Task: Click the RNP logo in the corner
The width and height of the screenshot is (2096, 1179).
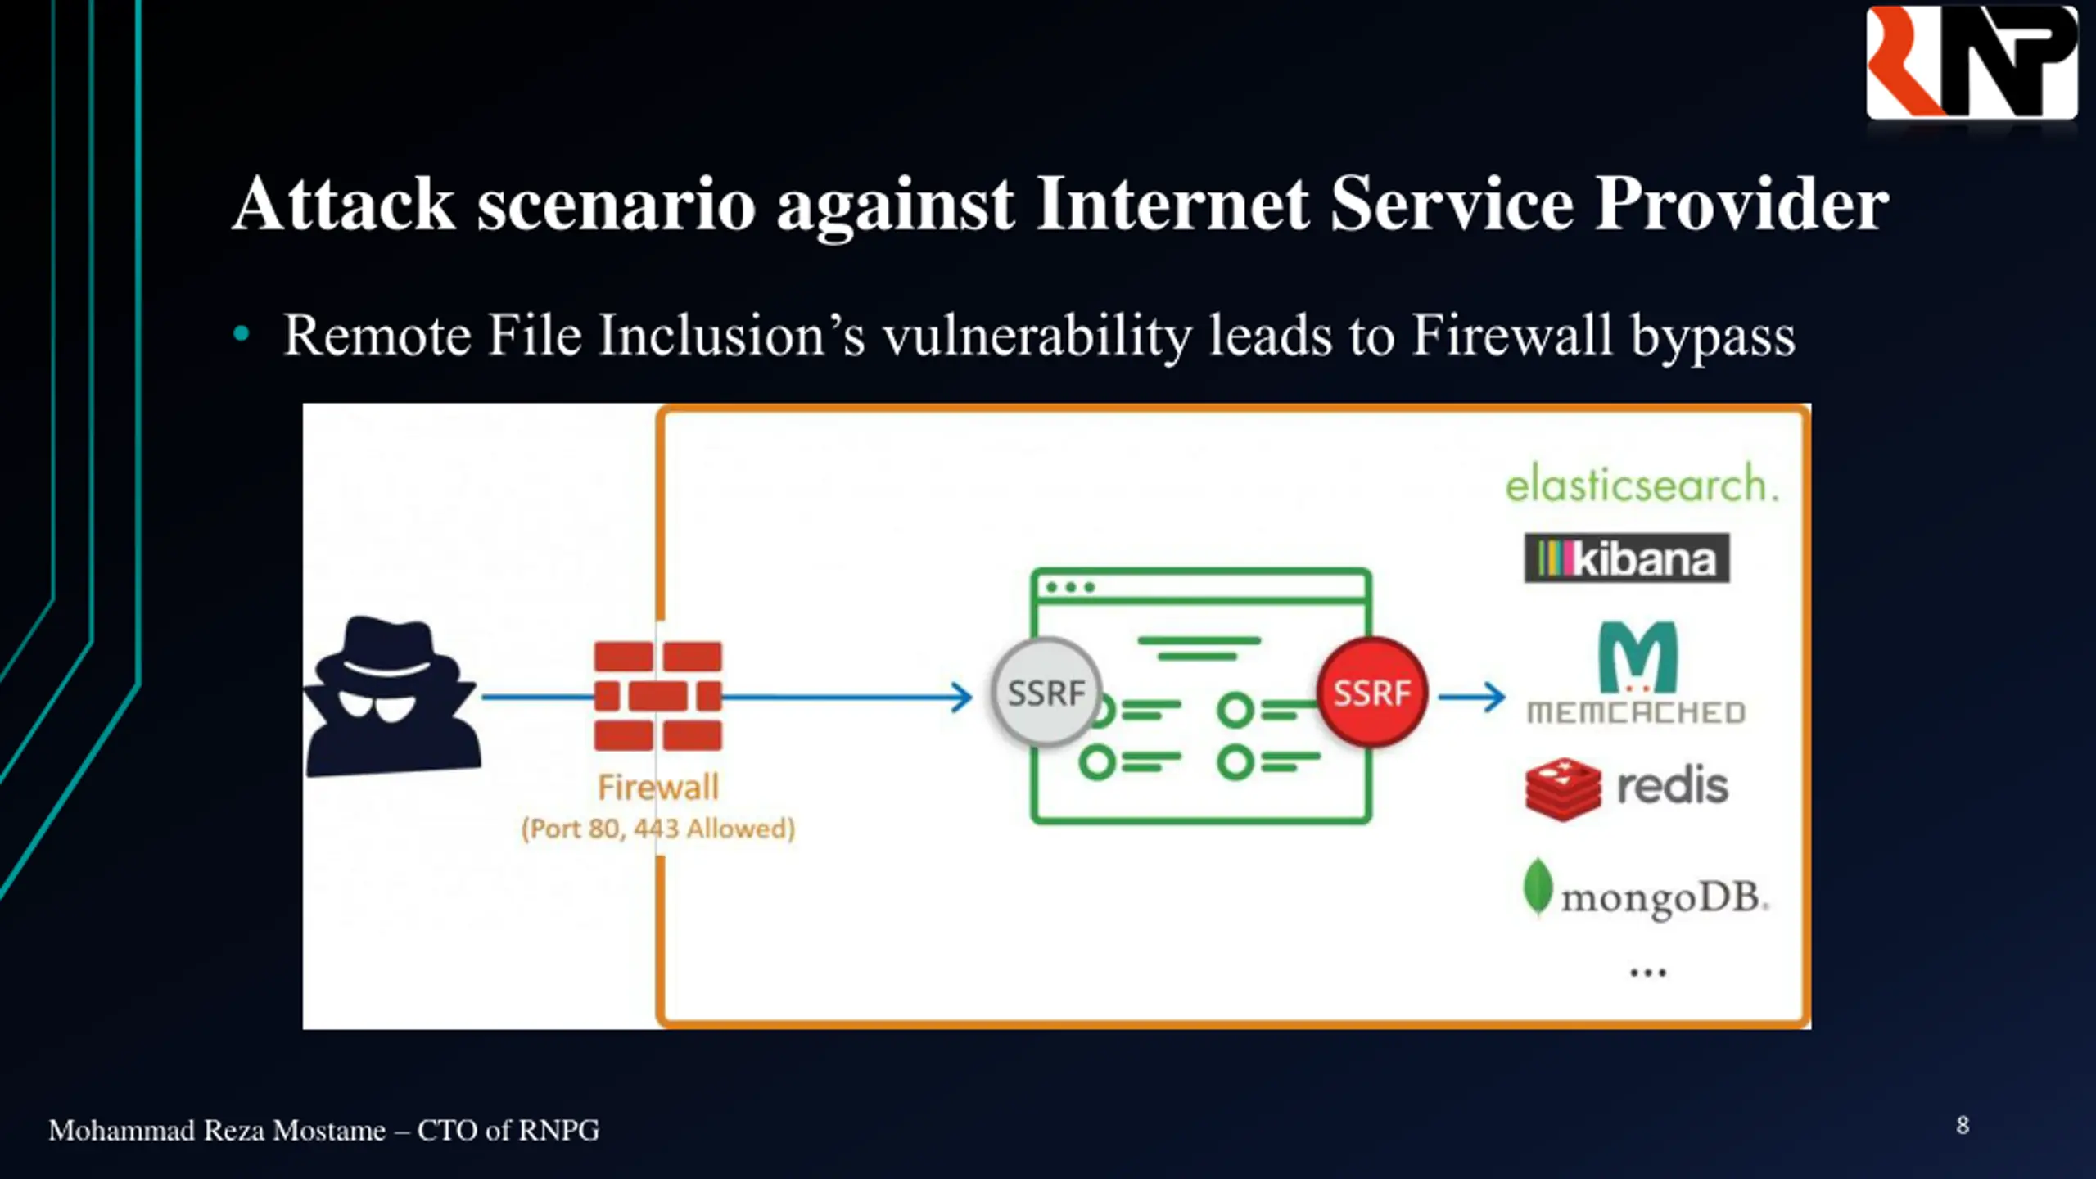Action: [x=1972, y=62]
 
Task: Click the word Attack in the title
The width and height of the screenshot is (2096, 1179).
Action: [x=344, y=204]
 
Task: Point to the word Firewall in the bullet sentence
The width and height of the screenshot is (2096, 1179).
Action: [x=1511, y=335]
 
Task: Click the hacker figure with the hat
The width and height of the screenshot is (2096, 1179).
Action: [x=391, y=696]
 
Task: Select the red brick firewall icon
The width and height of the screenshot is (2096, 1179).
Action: [x=658, y=696]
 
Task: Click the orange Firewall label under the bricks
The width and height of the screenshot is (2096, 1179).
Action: [x=658, y=788]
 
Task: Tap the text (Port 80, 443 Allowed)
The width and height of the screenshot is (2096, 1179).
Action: [x=658, y=829]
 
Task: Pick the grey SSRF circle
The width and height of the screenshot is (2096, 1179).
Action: [x=1046, y=693]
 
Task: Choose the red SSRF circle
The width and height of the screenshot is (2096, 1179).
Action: [x=1372, y=693]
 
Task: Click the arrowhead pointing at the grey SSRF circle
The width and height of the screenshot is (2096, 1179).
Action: [x=962, y=698]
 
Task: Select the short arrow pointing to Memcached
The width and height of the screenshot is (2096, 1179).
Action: [x=1472, y=698]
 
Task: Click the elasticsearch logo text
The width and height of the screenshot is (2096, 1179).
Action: [x=1642, y=483]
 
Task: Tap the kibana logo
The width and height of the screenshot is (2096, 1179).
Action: [x=1627, y=558]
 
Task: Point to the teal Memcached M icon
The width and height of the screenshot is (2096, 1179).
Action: [x=1638, y=657]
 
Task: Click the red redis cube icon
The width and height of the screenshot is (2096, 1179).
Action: [x=1563, y=788]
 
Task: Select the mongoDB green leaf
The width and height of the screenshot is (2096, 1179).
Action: [x=1538, y=886]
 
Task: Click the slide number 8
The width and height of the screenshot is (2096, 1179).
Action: [x=1963, y=1126]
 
